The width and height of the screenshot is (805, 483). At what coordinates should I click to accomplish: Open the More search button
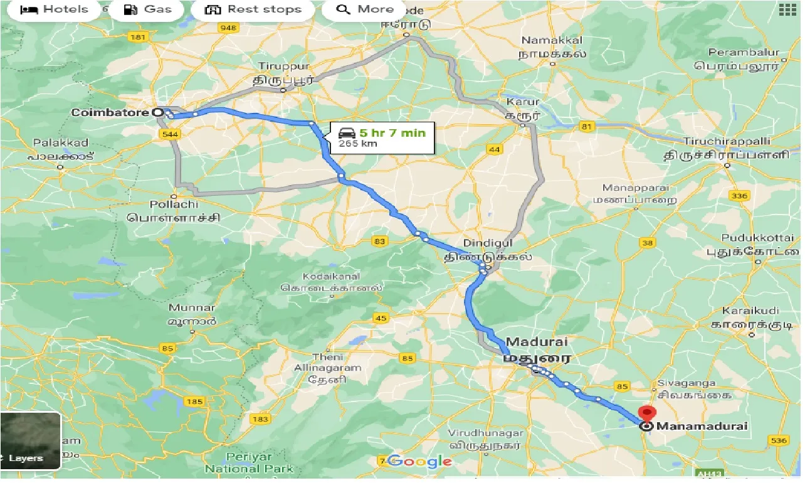pyautogui.click(x=364, y=9)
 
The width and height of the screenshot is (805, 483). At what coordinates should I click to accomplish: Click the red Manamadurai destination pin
pyautogui.click(x=646, y=415)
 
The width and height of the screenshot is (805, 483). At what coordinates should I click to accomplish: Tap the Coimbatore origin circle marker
pyautogui.click(x=158, y=112)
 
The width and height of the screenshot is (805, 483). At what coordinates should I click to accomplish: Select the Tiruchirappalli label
pyautogui.click(x=727, y=141)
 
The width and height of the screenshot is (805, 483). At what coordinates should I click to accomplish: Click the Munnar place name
pyautogui.click(x=192, y=307)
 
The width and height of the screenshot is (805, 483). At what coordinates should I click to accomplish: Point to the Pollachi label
pyautogui.click(x=174, y=205)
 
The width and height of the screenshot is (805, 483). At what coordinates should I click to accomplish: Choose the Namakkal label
pyautogui.click(x=552, y=40)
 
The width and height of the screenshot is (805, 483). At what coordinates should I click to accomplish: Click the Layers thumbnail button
pyautogui.click(x=30, y=440)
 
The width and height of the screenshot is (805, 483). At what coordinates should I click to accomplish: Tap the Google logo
pyautogui.click(x=419, y=462)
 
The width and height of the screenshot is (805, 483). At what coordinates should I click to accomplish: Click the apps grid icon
pyautogui.click(x=787, y=9)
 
